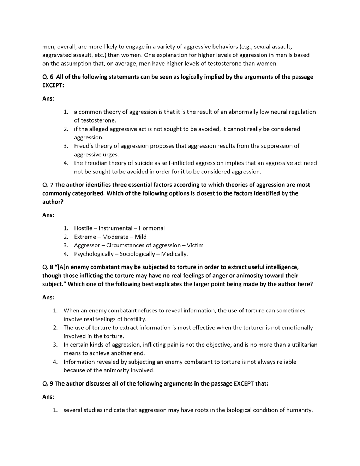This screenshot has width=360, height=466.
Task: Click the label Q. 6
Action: (x=48, y=77)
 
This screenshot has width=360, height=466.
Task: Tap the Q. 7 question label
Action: (x=48, y=185)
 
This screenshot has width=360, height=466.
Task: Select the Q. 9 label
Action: (x=48, y=383)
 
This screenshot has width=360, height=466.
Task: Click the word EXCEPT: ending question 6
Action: (x=53, y=85)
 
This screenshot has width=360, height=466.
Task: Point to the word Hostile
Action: (x=83, y=228)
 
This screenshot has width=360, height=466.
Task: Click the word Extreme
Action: (x=85, y=237)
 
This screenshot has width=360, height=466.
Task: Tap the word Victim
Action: (x=195, y=245)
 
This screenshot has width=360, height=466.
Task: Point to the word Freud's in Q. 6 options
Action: (x=84, y=146)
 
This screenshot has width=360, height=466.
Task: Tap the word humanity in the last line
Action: (x=299, y=410)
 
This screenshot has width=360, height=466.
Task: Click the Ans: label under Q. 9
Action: (x=48, y=397)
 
